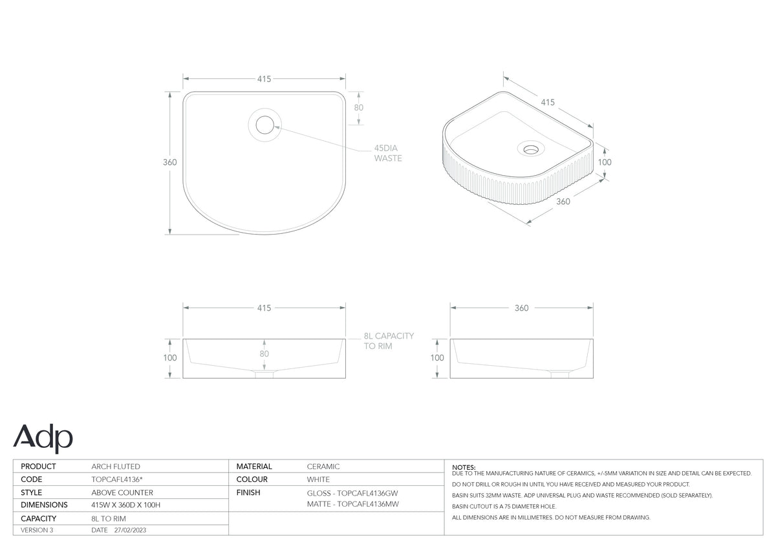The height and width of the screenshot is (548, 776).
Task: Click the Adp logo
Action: point(43,438)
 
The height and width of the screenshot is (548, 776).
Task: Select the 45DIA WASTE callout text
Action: point(388,153)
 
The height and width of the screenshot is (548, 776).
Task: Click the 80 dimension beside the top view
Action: point(358,108)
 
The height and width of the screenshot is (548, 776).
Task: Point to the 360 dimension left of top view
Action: point(169,162)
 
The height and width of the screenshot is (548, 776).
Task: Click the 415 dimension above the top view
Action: point(264,79)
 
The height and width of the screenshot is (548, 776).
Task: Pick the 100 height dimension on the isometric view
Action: point(605,162)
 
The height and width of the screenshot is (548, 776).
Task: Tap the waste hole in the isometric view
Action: point(531,149)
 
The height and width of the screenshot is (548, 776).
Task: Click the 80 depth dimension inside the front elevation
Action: point(264,353)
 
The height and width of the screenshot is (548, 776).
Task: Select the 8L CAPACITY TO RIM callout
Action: point(389,341)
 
